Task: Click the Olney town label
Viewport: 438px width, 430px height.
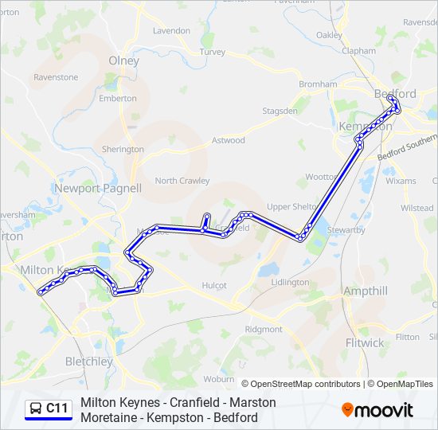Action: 123,61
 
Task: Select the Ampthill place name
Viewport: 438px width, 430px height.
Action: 365,291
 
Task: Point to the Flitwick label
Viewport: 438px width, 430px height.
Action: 365,343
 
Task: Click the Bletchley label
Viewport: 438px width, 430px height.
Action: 88,362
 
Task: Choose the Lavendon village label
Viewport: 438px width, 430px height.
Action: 171,31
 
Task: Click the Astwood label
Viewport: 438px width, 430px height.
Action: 228,141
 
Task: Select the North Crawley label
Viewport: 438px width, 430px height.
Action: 182,181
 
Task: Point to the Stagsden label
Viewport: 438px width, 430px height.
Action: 280,111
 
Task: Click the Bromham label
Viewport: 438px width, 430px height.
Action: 318,84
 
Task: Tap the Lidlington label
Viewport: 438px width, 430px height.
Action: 290,283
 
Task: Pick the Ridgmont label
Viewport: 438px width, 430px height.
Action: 263,329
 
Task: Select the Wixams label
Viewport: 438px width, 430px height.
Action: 401,182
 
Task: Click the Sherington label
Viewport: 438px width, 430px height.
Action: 123,150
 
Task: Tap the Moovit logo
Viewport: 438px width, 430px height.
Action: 377,410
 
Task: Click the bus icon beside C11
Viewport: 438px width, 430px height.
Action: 36,409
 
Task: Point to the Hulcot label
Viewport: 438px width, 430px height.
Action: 214,285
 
